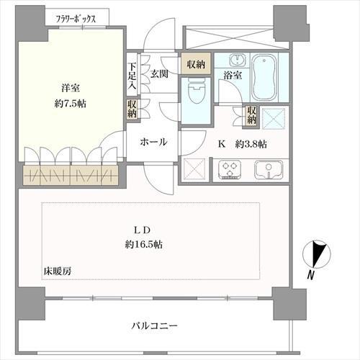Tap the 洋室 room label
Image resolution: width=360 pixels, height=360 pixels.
tap(70, 88)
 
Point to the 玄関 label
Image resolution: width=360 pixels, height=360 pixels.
tap(159, 73)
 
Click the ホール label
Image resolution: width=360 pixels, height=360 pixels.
tap(154, 142)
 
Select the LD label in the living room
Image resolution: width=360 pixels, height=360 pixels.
tap(140, 230)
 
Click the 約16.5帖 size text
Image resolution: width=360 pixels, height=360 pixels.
tap(142, 245)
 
